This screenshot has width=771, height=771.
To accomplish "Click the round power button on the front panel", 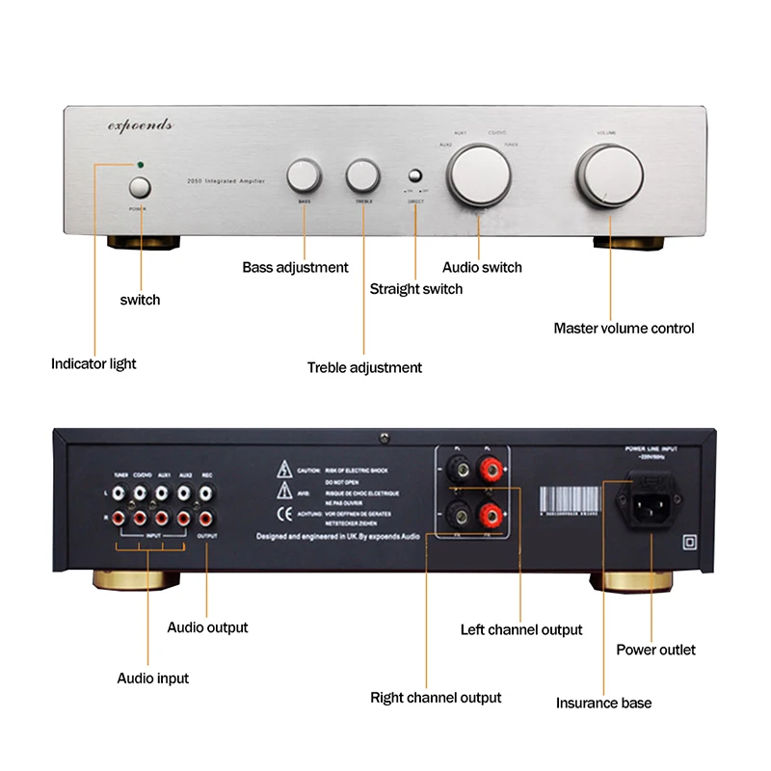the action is coord(141,187).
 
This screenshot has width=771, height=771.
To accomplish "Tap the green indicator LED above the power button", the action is coord(141,165).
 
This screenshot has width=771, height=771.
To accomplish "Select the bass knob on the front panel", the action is coord(304,176).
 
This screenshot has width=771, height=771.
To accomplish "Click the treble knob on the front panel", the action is coord(363,175).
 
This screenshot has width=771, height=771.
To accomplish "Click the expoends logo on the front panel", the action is coord(139,125).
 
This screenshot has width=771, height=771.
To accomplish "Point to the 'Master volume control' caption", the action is coord(624,329).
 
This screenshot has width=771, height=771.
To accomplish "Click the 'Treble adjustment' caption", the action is coord(364,367).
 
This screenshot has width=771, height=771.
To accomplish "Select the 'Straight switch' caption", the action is coord(416,289).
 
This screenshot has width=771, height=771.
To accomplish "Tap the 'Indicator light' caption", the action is coord(93,364).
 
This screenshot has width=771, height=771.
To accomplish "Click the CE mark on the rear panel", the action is coord(285,513).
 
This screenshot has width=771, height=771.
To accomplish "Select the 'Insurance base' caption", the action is coord(603,704).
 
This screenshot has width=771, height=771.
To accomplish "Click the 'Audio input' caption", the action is coord(153,678).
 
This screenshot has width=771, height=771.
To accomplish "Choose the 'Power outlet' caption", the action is coord(655,650).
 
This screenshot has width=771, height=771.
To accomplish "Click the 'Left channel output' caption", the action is coord(521,630).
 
